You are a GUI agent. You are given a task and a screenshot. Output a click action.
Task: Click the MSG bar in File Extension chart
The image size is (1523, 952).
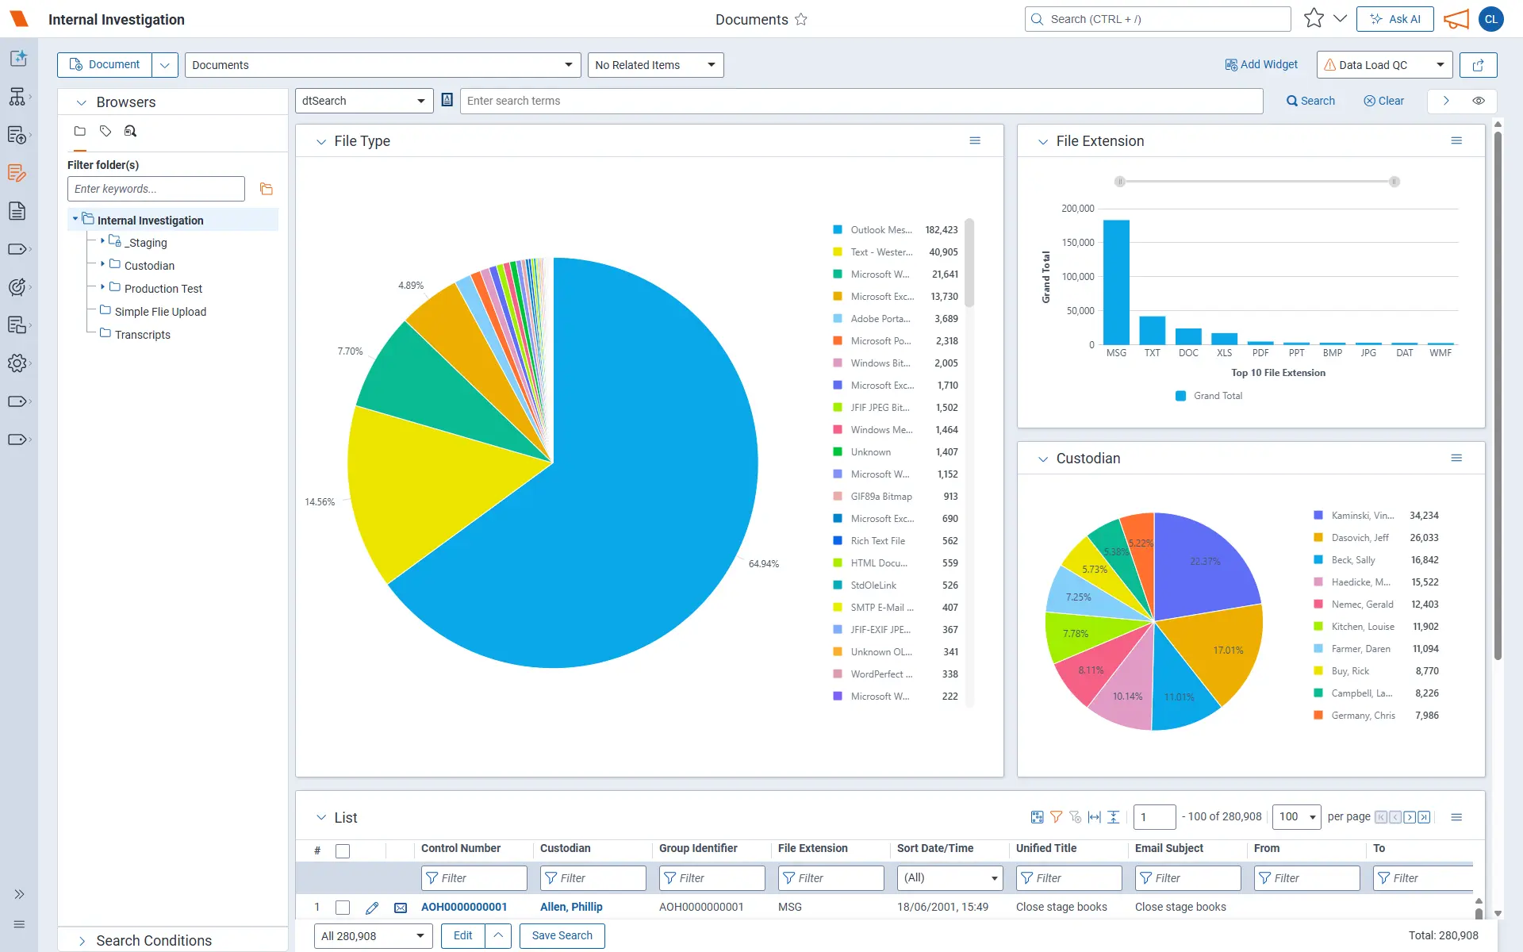(x=1116, y=282)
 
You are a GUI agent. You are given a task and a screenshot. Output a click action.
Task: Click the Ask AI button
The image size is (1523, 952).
(x=1394, y=19)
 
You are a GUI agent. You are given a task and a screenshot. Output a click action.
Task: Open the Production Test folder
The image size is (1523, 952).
(x=163, y=289)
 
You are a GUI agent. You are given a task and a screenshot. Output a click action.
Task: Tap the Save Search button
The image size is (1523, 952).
(x=562, y=935)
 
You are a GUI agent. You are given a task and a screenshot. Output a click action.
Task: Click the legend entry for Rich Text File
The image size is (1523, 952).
(x=877, y=541)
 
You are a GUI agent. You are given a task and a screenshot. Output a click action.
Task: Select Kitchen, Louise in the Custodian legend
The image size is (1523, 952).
(x=1362, y=627)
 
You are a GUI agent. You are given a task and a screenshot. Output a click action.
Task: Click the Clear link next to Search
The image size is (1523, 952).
(x=1383, y=101)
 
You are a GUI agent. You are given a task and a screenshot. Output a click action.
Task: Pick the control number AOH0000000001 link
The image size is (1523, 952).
(x=464, y=907)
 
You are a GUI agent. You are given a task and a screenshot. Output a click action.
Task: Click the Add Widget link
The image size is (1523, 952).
(x=1261, y=65)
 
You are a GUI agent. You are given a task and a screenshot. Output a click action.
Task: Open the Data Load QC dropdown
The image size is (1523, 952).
(x=1384, y=65)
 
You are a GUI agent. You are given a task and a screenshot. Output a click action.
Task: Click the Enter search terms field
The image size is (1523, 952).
(x=861, y=101)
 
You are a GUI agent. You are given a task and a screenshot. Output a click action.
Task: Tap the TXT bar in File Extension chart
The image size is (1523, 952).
(x=1152, y=330)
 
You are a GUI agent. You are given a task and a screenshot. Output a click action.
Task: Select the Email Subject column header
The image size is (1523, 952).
(x=1168, y=848)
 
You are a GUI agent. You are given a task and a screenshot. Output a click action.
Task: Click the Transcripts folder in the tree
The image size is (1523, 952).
(x=142, y=335)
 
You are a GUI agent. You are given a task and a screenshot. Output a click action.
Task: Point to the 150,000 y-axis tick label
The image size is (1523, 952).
(x=1078, y=243)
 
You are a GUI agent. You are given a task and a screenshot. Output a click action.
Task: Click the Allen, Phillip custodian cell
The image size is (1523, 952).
(x=571, y=907)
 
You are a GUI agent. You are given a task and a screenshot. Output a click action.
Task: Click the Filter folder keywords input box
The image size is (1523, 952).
(x=156, y=189)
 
